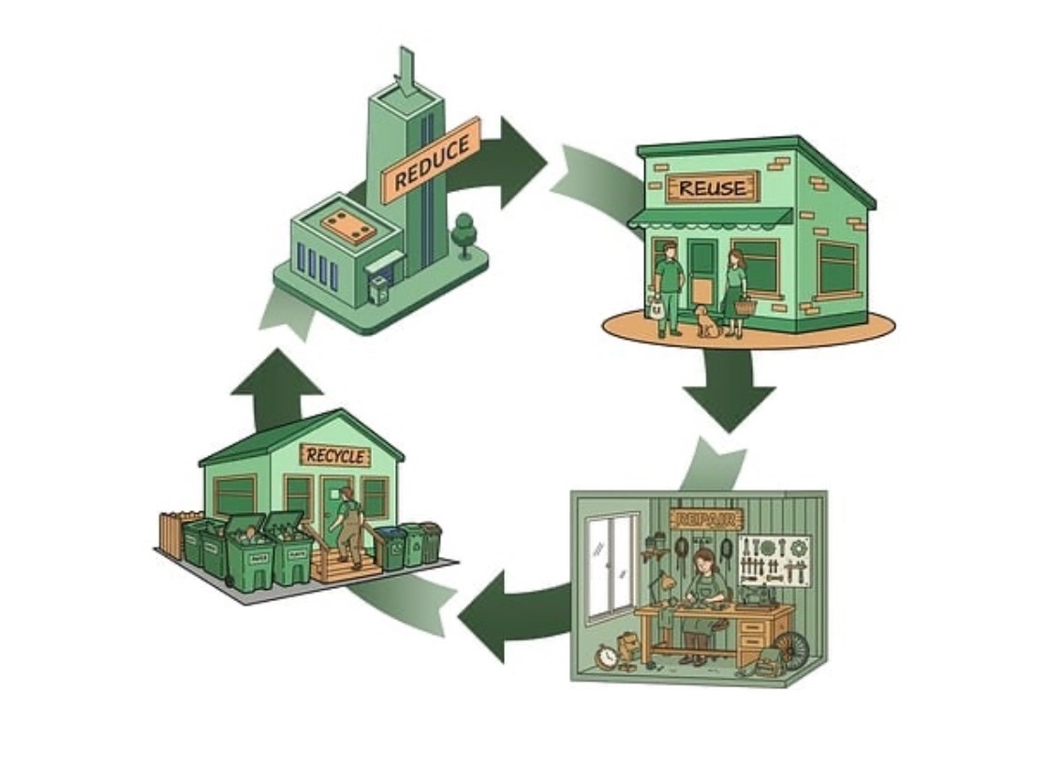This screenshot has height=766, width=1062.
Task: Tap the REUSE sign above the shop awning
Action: (x=713, y=187)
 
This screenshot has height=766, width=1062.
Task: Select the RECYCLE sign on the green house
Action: (x=334, y=456)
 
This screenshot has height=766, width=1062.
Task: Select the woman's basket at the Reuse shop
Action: (x=745, y=305)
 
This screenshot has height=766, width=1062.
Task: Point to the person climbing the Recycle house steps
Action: (x=347, y=524)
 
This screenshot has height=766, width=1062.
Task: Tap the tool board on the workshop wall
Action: (x=774, y=560)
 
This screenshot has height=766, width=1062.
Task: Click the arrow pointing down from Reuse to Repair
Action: (x=729, y=393)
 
